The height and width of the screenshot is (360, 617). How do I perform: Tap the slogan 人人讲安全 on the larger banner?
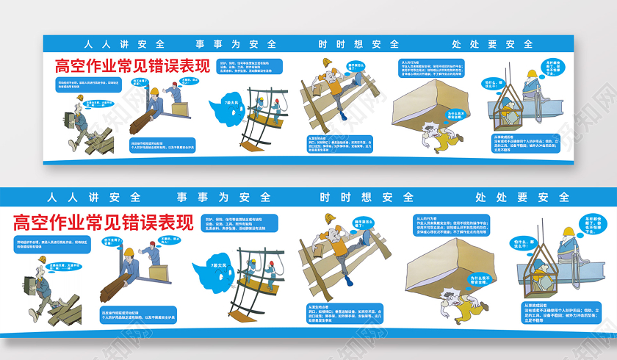(x=93, y=197)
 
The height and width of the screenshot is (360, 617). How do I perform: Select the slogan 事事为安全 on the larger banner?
(x=223, y=197)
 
